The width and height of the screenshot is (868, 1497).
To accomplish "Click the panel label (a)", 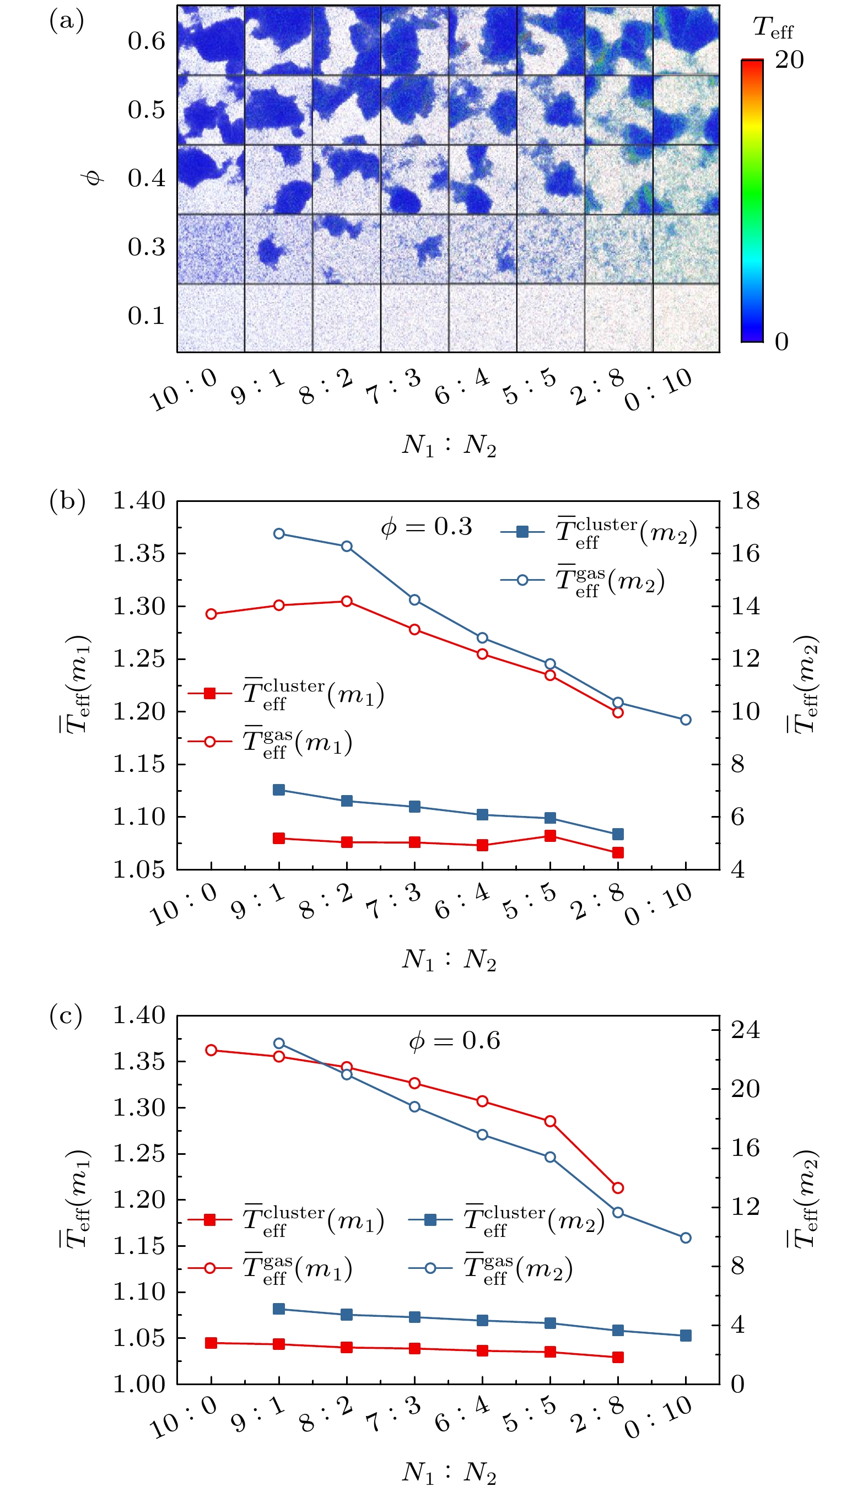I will click(67, 21).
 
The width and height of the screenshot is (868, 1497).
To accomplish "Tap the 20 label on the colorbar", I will click(790, 60).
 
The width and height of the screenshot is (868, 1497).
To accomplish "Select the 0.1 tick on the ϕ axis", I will click(146, 316).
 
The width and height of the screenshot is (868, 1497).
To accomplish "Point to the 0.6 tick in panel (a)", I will click(146, 40).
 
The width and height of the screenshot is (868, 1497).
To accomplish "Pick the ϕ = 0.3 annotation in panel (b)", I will click(427, 526).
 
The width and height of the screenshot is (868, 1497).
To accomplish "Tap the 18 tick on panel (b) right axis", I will click(745, 500).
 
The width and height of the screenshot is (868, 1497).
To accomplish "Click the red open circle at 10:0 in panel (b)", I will click(211, 614).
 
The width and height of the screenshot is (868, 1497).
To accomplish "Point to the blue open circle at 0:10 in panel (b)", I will click(686, 720).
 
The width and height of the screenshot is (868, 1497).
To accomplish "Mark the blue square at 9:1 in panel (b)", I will click(279, 790).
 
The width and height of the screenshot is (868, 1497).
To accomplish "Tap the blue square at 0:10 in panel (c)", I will click(686, 1336).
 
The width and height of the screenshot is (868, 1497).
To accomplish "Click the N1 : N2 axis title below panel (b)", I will click(449, 958).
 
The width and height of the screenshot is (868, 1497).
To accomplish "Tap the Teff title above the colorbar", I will click(772, 28).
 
